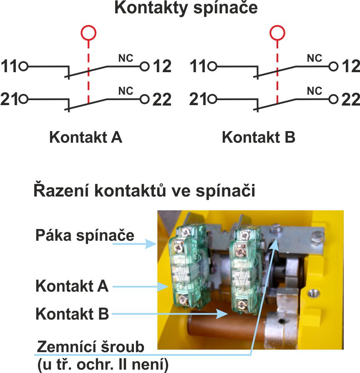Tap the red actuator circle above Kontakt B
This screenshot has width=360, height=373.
tap(277, 32)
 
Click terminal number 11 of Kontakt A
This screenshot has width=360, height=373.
tap(9, 66)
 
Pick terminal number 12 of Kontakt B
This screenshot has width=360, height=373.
tap(350, 66)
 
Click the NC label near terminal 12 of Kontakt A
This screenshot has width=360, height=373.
tap(126, 58)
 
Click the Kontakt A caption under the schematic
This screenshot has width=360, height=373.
tap(86, 137)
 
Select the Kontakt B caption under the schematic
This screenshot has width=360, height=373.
tap(259, 137)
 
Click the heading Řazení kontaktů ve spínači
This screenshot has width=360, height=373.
tap(144, 191)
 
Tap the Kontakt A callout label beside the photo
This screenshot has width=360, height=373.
tap(72, 287)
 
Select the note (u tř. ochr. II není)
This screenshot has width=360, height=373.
tap(103, 365)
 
